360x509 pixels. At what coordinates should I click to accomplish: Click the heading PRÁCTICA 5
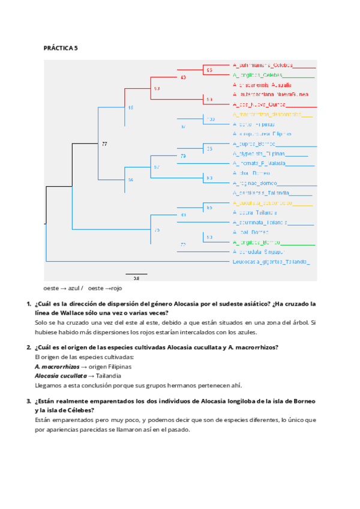pos(61,47)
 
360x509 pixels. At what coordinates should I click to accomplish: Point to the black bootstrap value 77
pos(104,144)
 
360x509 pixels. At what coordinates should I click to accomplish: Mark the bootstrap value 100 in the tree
pos(211,119)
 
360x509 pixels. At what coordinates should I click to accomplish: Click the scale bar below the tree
pos(136,274)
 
